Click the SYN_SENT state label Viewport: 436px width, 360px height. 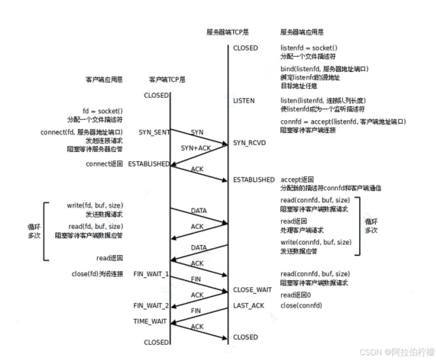tap(154, 132)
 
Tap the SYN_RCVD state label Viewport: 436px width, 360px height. tap(249, 143)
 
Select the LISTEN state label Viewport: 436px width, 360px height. tap(244, 101)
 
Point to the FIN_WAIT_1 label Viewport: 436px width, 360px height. tap(151, 274)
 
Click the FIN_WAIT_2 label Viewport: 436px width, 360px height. tap(151, 306)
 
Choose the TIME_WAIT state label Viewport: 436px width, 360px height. tap(150, 322)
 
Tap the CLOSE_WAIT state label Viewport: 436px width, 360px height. tap(252, 290)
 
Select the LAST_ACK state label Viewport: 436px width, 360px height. tap(248, 306)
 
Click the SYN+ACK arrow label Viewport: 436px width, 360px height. tap(196, 148)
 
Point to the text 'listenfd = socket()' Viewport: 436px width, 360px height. tap(309, 48)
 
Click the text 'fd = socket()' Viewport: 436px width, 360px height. tap(103, 111)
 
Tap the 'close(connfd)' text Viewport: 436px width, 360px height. tap(301, 306)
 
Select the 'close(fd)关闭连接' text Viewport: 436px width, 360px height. tap(97, 274)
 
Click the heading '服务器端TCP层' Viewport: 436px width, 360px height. tap(227, 32)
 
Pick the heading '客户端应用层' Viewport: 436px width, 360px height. tap(104, 80)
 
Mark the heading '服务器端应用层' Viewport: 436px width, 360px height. tap(302, 32)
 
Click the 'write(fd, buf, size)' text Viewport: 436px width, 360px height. tap(95, 206)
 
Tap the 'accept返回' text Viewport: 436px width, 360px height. tap(297, 180)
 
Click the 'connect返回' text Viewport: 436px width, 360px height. tap(104, 164)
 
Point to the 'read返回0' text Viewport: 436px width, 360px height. tap(296, 295)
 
